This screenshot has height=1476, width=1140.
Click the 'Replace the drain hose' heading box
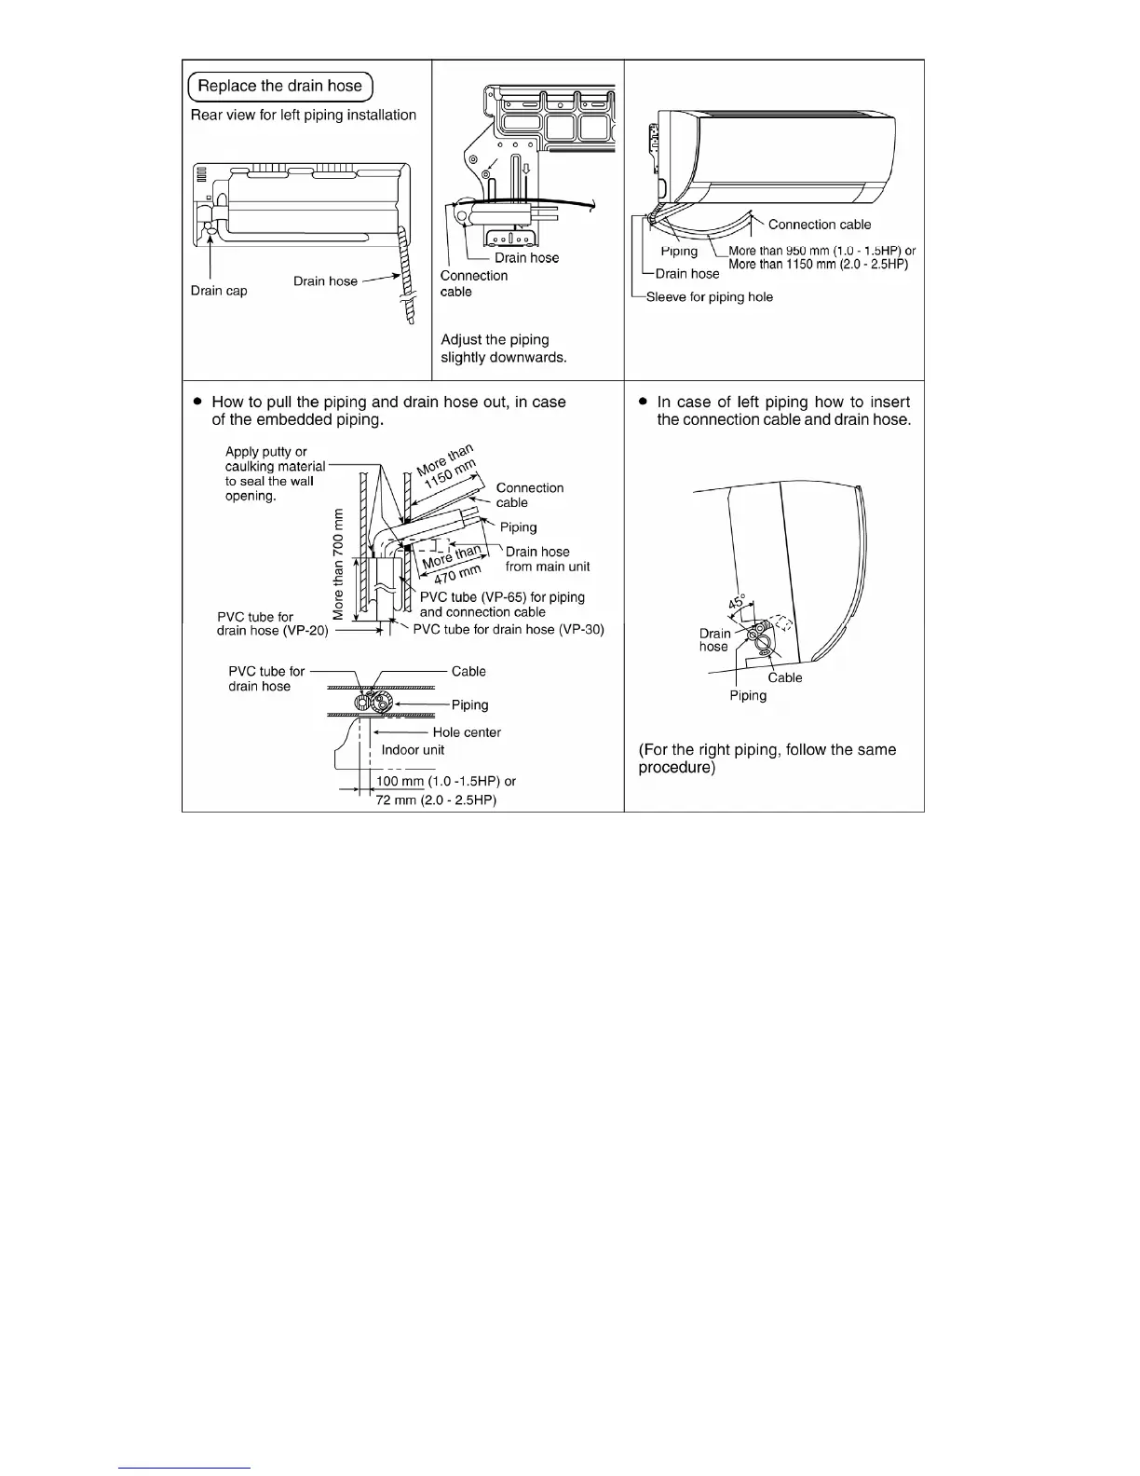click(280, 87)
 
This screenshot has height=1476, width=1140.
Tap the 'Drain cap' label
click(219, 291)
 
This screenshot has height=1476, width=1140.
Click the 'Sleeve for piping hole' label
click(710, 297)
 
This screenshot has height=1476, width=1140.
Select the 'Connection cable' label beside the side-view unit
click(820, 225)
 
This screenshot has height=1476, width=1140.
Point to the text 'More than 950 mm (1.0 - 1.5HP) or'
click(821, 251)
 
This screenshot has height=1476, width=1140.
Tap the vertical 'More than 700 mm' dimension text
click(338, 563)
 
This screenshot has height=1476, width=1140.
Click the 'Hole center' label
click(467, 732)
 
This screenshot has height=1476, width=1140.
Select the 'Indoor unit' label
click(413, 750)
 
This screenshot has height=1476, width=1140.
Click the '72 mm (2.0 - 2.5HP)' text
click(436, 800)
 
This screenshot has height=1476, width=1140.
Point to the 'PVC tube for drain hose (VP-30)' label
click(509, 630)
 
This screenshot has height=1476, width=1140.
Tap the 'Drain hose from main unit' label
click(548, 559)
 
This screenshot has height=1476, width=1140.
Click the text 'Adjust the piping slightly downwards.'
click(503, 348)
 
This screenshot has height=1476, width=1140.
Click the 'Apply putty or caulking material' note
click(275, 473)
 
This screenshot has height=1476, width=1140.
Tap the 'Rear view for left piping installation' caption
click(304, 116)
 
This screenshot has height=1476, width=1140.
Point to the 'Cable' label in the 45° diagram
click(785, 678)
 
